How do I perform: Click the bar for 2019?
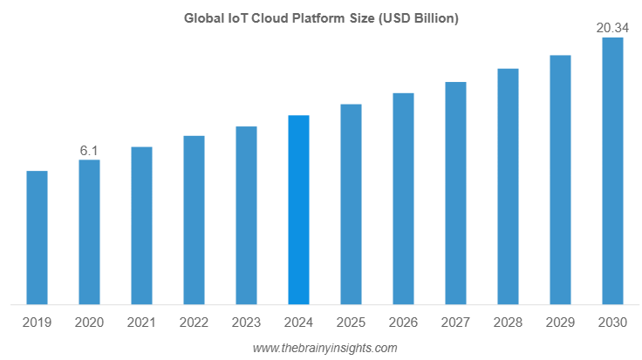37,238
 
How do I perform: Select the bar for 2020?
89,233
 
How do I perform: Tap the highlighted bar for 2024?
298,210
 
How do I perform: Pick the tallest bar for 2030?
612,172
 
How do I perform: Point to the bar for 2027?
455,194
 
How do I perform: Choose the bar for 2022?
194,221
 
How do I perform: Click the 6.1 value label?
89,151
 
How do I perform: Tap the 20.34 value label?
612,29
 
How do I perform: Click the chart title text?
321,17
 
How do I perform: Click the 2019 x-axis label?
37,323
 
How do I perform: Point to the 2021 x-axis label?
141,323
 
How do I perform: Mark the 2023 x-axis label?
246,323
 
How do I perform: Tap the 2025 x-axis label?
351,323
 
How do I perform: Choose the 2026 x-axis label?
403,323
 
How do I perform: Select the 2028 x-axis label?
508,323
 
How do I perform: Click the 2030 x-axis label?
612,323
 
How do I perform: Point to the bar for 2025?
351,205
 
